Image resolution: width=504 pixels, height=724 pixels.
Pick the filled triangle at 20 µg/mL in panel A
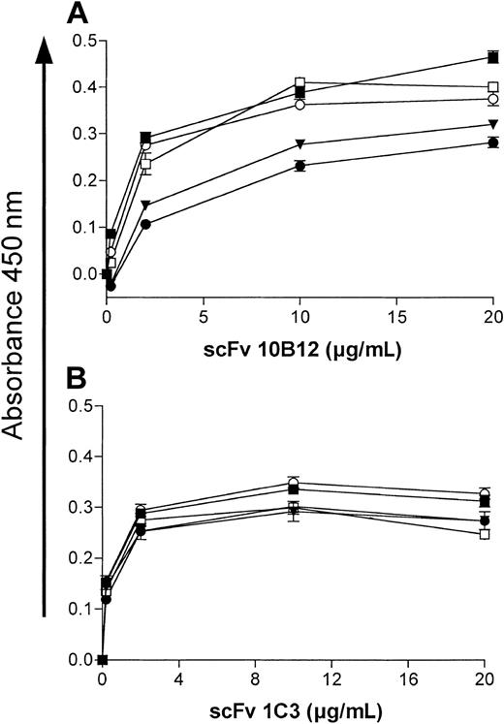(493, 124)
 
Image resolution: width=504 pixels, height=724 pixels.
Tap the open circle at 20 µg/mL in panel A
(493, 99)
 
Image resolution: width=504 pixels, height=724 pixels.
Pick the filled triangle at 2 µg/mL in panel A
(145, 205)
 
